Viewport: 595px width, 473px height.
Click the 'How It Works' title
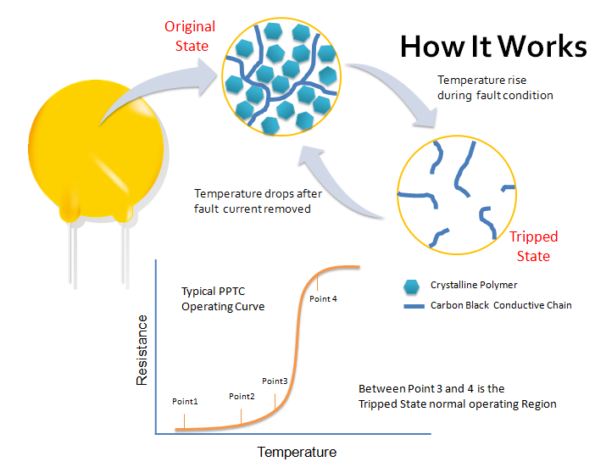coord(493,47)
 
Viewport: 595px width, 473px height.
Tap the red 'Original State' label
coord(190,36)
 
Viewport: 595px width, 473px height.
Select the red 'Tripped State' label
coord(533,247)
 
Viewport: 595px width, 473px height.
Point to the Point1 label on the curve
coord(185,400)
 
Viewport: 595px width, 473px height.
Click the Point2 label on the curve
coord(242,396)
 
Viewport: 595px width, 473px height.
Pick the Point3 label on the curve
coord(275,381)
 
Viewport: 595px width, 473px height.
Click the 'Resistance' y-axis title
coord(142,350)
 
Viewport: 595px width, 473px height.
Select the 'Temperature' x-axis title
coord(297,452)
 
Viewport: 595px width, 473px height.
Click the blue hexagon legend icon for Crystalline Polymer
coord(411,285)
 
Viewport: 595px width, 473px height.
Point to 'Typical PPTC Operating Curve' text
coord(223,298)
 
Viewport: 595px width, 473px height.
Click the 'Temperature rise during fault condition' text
coord(495,87)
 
